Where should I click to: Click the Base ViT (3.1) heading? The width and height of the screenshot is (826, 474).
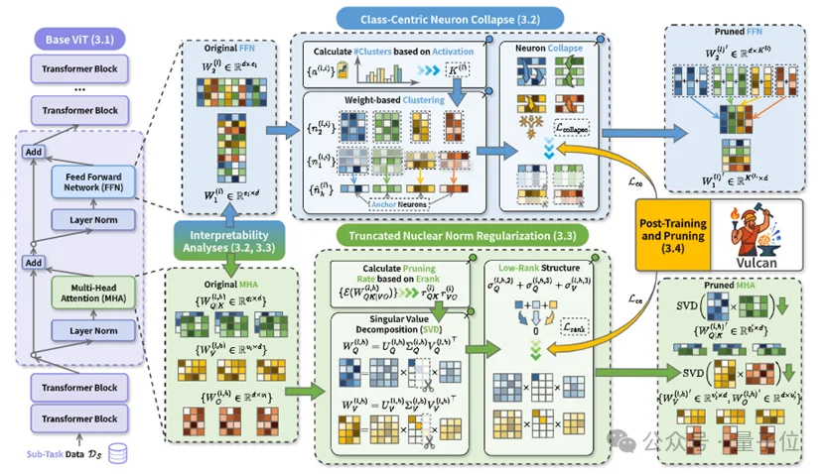point(77,41)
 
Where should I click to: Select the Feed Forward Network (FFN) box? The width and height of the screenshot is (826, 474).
point(91,181)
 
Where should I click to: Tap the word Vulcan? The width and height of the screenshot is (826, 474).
point(763,263)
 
